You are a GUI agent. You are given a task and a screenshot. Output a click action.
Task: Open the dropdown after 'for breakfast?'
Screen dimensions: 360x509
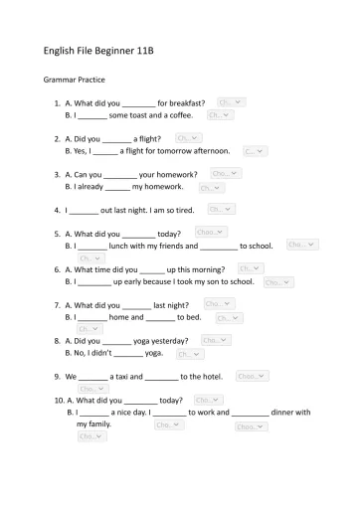(x=231, y=102)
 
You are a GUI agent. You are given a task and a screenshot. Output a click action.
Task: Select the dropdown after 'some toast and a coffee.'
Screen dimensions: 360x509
(x=220, y=115)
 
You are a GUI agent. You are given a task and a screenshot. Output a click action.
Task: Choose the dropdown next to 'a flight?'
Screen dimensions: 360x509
(x=188, y=138)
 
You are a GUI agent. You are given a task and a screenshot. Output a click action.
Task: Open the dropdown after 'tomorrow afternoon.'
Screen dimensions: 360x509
(x=255, y=151)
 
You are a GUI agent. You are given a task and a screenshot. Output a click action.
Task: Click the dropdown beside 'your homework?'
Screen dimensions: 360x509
(x=225, y=174)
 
